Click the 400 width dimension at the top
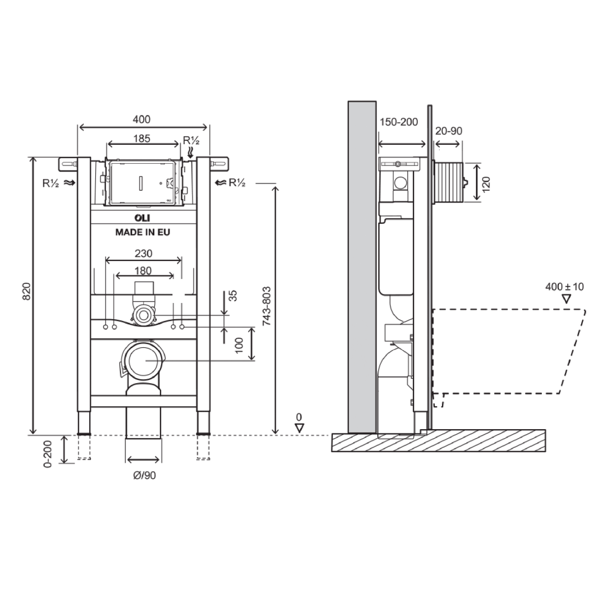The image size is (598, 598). point(141,119)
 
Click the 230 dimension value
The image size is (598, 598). point(142,254)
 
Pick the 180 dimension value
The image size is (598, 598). point(142,270)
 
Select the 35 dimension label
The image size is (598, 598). point(233,296)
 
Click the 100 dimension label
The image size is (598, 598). point(240,344)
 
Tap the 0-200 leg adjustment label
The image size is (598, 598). point(48,453)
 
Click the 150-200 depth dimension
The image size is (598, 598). point(399,122)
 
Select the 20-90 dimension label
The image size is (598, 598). point(449,131)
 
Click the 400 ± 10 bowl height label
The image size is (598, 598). point(564,287)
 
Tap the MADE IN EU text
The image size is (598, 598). point(142,232)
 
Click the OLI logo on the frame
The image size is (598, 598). point(142,218)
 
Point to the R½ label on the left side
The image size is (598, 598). point(52,182)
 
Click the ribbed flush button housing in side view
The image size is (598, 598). point(449,181)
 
